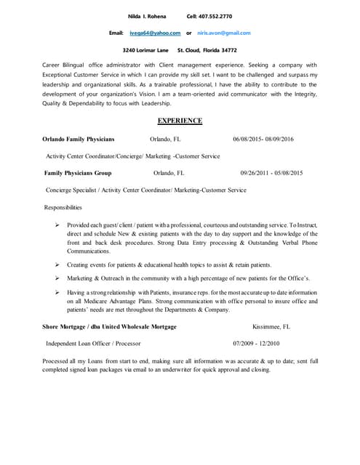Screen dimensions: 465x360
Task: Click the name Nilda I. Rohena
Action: [147, 15]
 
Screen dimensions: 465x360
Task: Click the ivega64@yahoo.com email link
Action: [155, 33]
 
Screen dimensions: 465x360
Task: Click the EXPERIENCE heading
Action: [180, 121]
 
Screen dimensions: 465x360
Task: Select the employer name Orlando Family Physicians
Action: [78, 139]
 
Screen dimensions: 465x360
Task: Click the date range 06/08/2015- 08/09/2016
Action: [263, 139]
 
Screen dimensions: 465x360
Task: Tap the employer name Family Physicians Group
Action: [78, 174]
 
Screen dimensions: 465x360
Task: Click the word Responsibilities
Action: [63, 208]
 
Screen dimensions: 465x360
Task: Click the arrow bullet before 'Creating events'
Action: [57, 265]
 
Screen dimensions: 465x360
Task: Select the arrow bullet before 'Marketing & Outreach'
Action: [57, 278]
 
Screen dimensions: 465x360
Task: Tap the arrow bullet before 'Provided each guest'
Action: [57, 225]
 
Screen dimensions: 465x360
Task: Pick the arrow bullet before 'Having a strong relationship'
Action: [57, 292]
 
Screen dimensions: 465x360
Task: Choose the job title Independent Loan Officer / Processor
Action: [93, 343]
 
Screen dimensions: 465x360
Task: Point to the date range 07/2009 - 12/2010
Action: [256, 343]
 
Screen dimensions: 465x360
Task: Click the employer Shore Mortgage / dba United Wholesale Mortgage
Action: [109, 327]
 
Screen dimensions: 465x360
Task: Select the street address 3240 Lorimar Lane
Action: [145, 50]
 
